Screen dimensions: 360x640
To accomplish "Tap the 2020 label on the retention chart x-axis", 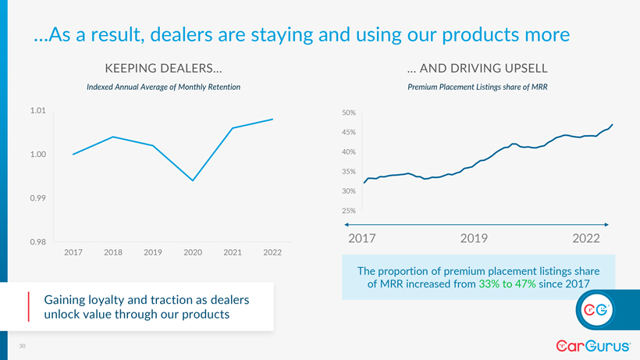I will click(193, 251).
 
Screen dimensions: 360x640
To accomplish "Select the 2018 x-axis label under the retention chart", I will click(113, 251).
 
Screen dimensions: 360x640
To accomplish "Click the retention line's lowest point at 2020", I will click(193, 180).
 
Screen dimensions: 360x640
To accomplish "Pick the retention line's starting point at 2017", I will click(73, 154).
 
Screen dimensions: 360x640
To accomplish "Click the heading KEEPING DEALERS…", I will click(162, 68).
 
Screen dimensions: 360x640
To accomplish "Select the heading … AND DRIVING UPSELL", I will click(478, 68).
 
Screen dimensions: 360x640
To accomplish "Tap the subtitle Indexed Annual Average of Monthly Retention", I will click(162, 87).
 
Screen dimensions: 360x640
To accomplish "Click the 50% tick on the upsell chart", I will click(349, 113).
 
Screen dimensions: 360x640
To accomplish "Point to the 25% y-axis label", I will click(349, 211).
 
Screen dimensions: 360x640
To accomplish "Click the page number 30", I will click(23, 346).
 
